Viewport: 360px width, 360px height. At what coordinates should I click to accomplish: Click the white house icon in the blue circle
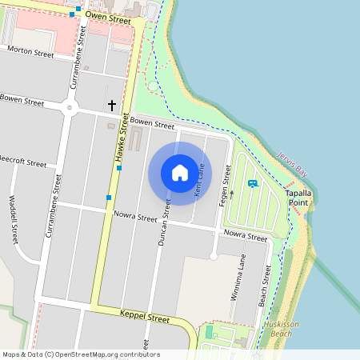[180, 173]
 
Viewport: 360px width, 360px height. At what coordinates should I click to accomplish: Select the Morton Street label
[30, 52]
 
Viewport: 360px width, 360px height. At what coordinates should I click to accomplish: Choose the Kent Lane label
[200, 177]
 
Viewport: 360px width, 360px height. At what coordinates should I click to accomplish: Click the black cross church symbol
[112, 105]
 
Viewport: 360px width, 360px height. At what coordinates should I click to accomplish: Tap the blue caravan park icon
[253, 184]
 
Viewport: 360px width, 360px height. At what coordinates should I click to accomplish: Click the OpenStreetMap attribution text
[81, 354]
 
